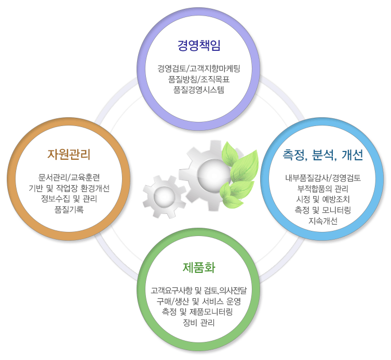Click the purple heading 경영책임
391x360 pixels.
click(x=199, y=45)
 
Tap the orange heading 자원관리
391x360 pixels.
click(x=69, y=154)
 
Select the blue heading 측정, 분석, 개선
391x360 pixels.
click(x=323, y=155)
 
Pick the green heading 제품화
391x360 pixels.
click(x=199, y=268)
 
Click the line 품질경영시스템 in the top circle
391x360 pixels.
click(x=199, y=90)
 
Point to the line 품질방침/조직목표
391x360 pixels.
click(x=199, y=79)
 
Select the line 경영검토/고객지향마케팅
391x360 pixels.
click(x=199, y=68)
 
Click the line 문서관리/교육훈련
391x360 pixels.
click(x=69, y=177)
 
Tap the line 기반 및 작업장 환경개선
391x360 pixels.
click(x=69, y=188)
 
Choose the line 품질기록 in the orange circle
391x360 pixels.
click(x=69, y=210)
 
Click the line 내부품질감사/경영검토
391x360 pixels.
click(x=323, y=178)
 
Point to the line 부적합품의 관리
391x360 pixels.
click(x=323, y=189)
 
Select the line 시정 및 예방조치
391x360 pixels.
click(x=323, y=199)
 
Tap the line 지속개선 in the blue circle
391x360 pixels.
click(x=323, y=221)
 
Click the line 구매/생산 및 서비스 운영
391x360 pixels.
click(x=199, y=301)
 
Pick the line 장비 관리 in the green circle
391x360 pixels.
click(x=199, y=323)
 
